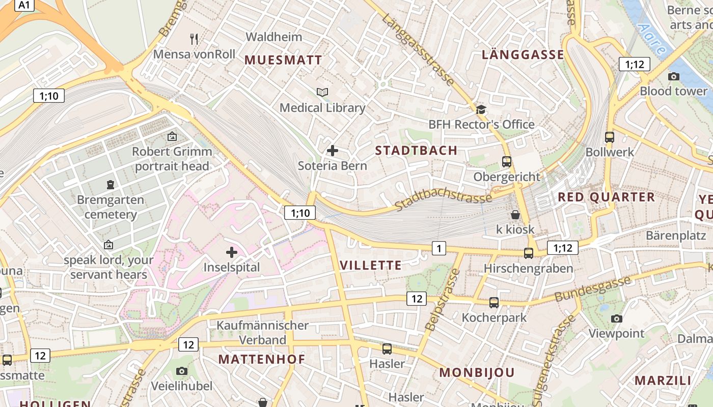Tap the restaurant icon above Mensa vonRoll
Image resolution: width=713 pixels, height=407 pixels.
click(194, 39)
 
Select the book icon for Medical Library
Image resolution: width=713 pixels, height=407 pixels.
click(322, 92)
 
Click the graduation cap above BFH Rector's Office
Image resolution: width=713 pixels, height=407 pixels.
click(481, 109)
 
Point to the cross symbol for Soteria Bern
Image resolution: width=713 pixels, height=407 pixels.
click(333, 151)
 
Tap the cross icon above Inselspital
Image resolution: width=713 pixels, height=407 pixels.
click(232, 252)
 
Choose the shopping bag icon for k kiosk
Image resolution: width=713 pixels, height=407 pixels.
click(515, 215)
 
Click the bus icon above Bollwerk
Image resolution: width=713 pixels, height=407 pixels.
click(610, 137)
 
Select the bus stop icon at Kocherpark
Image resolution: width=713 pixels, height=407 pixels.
click(493, 303)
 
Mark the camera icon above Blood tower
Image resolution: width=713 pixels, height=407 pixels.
click(674, 76)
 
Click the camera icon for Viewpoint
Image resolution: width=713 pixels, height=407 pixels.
click(617, 318)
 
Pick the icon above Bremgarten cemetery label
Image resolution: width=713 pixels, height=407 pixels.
click(111, 184)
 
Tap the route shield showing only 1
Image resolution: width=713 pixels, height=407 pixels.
click(438, 248)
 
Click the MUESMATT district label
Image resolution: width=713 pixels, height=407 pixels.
click(283, 60)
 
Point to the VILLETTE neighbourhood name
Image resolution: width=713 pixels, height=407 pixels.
click(370, 265)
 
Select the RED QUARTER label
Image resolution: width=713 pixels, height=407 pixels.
click(606, 197)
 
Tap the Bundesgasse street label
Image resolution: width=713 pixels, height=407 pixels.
click(592, 288)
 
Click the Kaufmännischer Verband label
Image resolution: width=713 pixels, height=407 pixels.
click(262, 332)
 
